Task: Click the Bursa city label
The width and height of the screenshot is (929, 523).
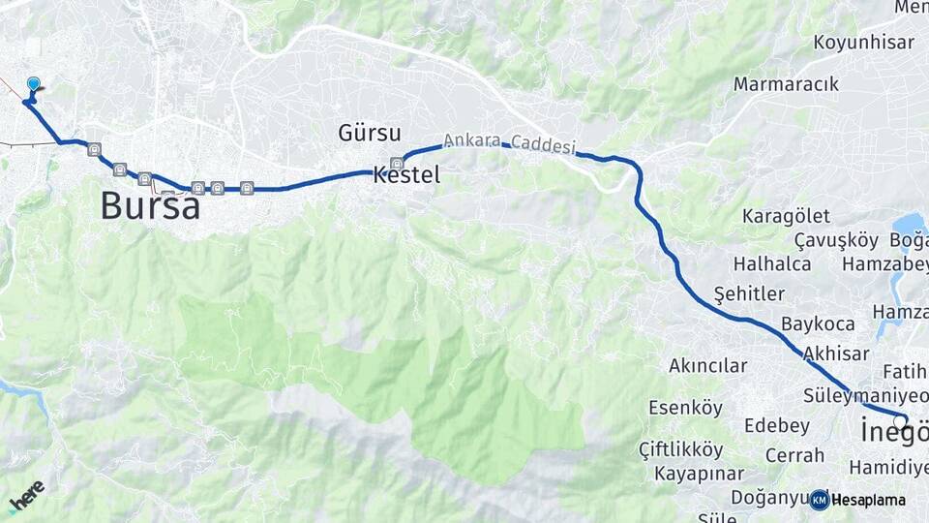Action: click(150, 205)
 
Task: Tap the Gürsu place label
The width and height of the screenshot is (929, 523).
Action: click(370, 133)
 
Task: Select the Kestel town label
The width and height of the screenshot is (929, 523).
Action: click(406, 175)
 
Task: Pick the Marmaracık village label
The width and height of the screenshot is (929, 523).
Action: click(786, 84)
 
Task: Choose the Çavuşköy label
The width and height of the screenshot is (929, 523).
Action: click(835, 240)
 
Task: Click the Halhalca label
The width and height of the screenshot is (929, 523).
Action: click(771, 263)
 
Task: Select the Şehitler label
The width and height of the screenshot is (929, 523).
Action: click(748, 293)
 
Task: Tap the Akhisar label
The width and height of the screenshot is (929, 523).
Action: click(836, 354)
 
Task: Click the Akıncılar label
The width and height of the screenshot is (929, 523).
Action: click(708, 366)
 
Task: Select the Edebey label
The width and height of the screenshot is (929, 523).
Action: click(777, 426)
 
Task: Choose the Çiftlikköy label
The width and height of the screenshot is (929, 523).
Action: click(680, 449)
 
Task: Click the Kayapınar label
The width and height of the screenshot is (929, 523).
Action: click(699, 474)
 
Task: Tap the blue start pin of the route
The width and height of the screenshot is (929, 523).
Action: click(34, 86)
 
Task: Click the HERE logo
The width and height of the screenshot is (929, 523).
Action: click(26, 497)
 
